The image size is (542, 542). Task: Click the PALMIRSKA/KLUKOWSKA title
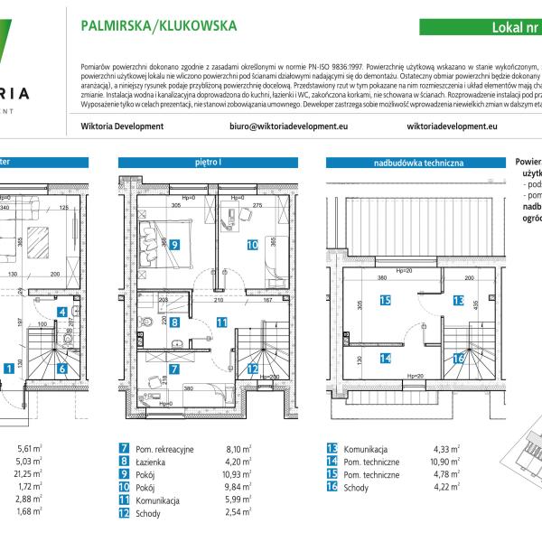[159, 26]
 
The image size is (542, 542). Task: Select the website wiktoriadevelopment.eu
[453, 126]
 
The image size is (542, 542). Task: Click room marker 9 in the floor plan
[173, 244]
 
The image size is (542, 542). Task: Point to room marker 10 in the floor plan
[252, 244]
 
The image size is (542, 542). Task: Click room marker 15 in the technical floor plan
[385, 301]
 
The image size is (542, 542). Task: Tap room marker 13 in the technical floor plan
[458, 301]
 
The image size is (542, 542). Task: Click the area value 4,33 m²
[447, 449]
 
